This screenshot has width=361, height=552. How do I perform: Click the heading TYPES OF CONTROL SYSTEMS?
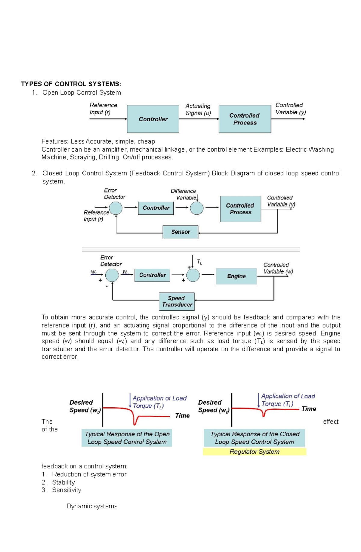pyautogui.click(x=71, y=84)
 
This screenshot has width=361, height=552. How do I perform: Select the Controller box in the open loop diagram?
pyautogui.click(x=153, y=119)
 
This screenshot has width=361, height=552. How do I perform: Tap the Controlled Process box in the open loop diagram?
pyautogui.click(x=245, y=119)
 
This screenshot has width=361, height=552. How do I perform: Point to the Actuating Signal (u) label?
pyautogui.click(x=198, y=109)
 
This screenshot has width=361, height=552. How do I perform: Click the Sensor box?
pyautogui.click(x=180, y=232)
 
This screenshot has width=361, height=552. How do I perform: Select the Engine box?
pyautogui.click(x=236, y=276)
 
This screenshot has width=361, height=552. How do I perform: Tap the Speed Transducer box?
pyautogui.click(x=177, y=301)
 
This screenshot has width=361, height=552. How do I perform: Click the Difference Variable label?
pyautogui.click(x=183, y=194)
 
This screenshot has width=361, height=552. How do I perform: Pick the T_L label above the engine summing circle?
pyautogui.click(x=199, y=262)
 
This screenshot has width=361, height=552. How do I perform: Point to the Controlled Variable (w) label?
pyautogui.click(x=278, y=268)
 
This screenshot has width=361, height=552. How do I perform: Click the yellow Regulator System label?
pyautogui.click(x=255, y=452)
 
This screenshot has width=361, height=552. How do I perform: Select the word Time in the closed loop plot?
pyautogui.click(x=309, y=409)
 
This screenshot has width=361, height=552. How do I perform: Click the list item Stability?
pyautogui.click(x=63, y=482)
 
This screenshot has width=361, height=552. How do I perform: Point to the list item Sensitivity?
pyautogui.click(x=66, y=490)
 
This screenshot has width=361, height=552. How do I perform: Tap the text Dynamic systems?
pyautogui.click(x=92, y=506)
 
